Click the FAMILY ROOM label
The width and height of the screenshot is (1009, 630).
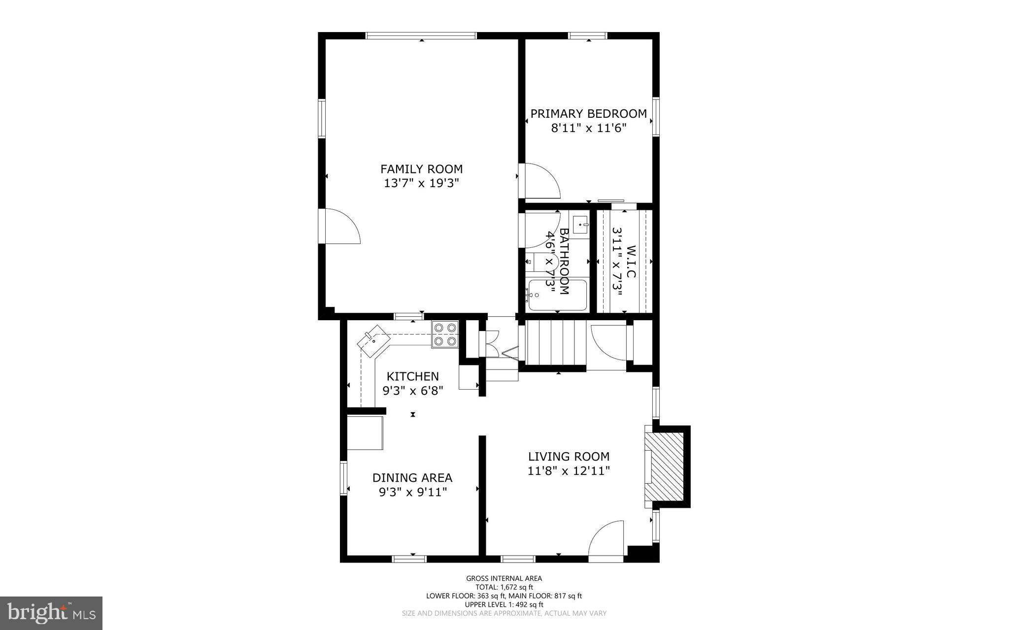[x=421, y=169]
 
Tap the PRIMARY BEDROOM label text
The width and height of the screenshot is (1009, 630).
[x=588, y=114]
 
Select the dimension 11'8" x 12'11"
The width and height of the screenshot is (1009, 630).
[x=569, y=471]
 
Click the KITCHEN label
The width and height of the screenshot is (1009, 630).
[x=412, y=376]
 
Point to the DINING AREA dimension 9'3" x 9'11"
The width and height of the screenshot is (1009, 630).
[x=412, y=492]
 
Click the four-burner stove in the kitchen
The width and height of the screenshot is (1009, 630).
[x=445, y=334]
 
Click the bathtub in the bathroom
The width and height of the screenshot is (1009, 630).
[x=558, y=295]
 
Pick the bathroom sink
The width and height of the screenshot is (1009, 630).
[x=581, y=227]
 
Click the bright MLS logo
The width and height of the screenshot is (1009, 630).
[x=51, y=613]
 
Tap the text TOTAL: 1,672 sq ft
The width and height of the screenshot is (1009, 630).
[x=504, y=587]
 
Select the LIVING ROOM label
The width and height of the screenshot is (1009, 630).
[x=569, y=457]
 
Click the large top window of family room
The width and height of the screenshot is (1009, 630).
[x=421, y=35]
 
